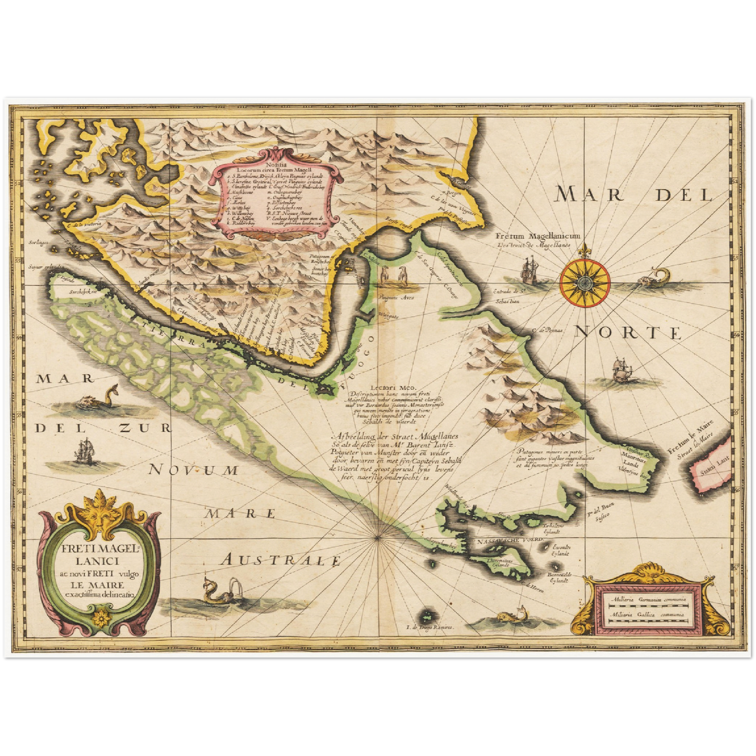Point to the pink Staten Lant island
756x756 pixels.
click(711, 469)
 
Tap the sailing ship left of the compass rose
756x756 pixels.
click(529, 270)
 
